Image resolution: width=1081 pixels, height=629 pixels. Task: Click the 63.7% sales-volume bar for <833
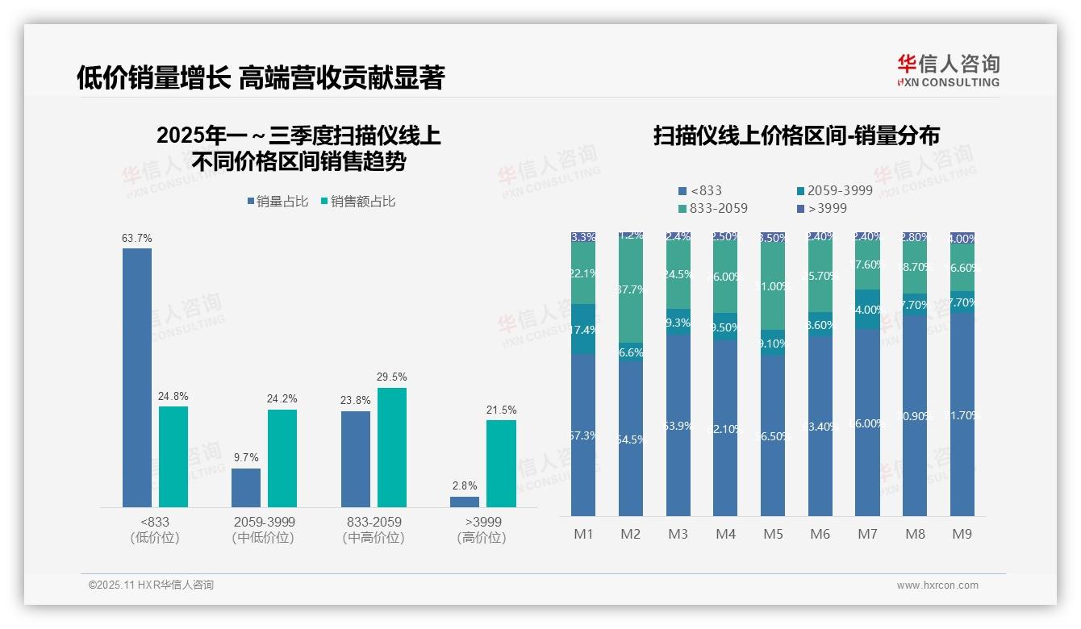[x=137, y=377]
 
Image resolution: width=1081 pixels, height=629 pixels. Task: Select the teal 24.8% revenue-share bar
[x=173, y=456]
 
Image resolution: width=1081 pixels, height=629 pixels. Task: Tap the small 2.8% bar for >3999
[x=465, y=502]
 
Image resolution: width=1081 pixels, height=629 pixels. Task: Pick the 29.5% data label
[x=392, y=377]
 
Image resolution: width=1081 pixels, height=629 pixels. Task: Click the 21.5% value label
[x=501, y=410]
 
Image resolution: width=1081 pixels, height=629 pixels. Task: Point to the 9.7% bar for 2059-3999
[x=246, y=488]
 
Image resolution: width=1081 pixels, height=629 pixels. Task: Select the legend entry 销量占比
[x=278, y=202]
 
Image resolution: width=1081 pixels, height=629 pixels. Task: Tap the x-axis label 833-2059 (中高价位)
[x=373, y=529]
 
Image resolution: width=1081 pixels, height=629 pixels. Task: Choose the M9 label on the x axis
[x=962, y=534]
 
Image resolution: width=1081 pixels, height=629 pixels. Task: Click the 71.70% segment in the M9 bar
[x=962, y=415]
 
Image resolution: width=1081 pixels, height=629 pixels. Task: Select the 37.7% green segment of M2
[x=630, y=289]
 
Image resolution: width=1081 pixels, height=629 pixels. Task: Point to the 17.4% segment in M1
[x=582, y=329]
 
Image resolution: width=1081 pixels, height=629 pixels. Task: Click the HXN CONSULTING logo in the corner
[x=948, y=70]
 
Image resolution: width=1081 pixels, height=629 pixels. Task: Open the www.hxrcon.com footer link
[x=937, y=585]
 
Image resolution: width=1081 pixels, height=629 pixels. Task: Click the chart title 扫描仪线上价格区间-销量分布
[x=796, y=135]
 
